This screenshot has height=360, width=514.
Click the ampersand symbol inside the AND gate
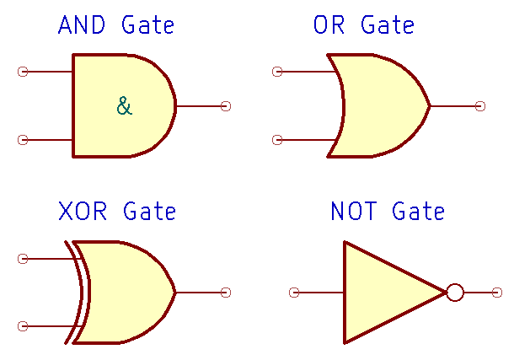124,106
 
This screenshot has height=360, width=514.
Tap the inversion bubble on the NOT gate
455,293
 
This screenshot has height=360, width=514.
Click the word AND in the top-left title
83,25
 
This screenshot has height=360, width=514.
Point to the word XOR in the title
83,211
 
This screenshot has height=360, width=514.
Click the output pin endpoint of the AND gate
226,106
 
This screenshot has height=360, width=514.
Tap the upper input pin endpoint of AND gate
23,72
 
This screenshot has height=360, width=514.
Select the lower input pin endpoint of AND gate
23,140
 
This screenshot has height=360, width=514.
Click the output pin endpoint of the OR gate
480,106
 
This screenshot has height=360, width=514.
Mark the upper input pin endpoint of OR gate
277,72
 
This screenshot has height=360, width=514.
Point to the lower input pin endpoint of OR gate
277,140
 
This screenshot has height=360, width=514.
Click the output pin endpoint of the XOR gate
226,293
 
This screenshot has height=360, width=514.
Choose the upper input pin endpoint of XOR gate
23,258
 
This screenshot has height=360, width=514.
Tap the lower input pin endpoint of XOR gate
23,326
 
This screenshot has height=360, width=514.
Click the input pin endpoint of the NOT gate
294,293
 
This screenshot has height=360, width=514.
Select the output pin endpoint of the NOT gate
497,293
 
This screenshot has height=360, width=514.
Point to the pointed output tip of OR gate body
429,106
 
